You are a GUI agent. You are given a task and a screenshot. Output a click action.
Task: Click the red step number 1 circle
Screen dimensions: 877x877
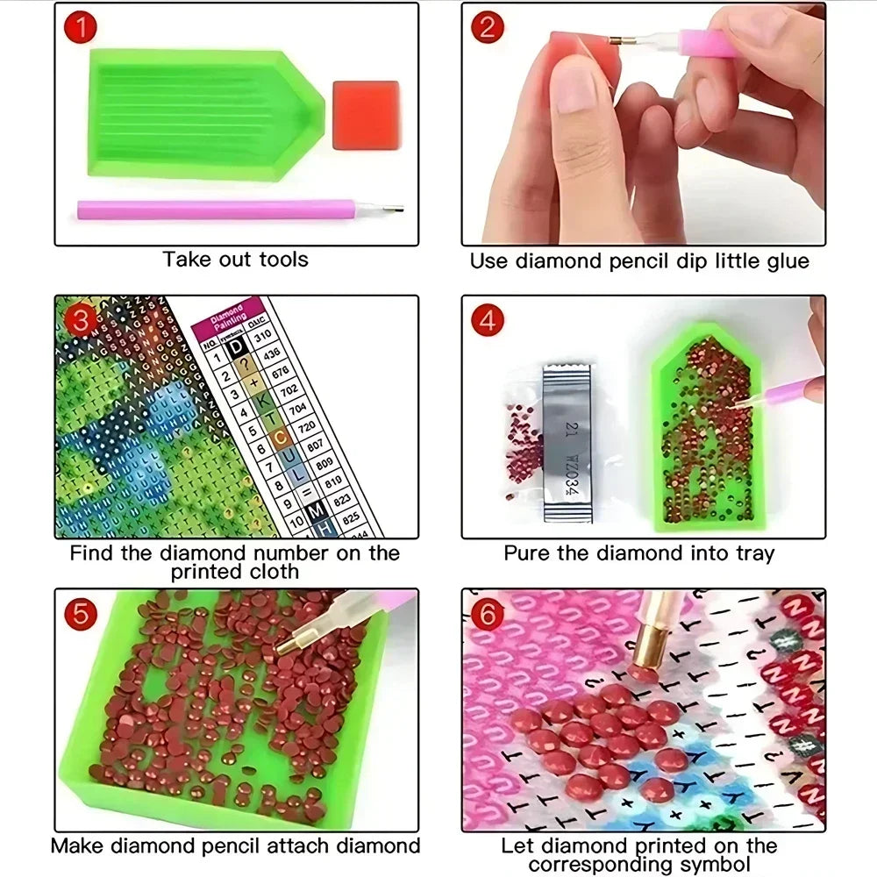(82, 28)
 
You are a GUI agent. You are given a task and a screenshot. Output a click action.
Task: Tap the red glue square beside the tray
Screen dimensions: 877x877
(366, 116)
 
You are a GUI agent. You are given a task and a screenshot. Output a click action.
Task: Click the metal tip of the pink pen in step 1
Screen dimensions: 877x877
(391, 209)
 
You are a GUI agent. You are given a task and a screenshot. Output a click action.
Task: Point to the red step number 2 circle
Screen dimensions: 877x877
(488, 28)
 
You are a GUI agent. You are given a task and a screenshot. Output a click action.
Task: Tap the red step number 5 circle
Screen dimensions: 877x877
(82, 613)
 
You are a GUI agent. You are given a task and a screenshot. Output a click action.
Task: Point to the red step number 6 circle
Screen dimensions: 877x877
(488, 613)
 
